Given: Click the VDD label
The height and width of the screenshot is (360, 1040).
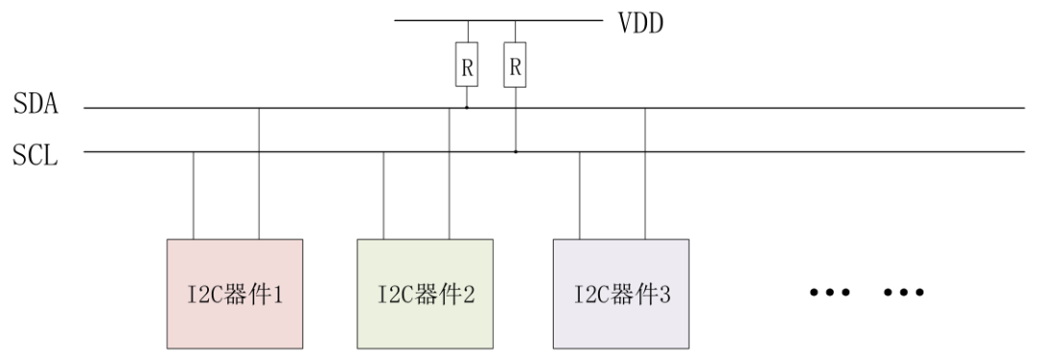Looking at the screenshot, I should pyautogui.click(x=641, y=20).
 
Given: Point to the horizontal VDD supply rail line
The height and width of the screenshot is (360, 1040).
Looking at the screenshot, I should pyautogui.click(x=496, y=20).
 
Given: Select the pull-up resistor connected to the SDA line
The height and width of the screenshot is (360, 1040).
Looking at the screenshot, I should pyautogui.click(x=467, y=67).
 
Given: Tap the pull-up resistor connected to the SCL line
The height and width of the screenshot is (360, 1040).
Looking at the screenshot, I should pyautogui.click(x=515, y=67).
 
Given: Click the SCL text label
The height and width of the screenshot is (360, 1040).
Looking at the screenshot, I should pyautogui.click(x=36, y=154).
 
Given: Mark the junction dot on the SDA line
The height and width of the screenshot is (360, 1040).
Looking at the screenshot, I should pyautogui.click(x=467, y=108).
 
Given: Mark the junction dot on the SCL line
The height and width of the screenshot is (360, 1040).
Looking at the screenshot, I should pyautogui.click(x=515, y=151).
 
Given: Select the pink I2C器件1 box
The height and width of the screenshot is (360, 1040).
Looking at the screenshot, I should pyautogui.click(x=235, y=293).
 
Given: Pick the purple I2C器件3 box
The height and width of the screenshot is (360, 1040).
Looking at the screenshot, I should pyautogui.click(x=621, y=293).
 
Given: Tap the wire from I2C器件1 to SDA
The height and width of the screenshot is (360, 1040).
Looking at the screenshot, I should pyautogui.click(x=258, y=173).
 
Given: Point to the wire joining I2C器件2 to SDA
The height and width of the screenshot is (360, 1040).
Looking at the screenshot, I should pyautogui.click(x=449, y=173).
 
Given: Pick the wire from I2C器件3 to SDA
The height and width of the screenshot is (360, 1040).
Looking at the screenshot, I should pyautogui.click(x=644, y=173).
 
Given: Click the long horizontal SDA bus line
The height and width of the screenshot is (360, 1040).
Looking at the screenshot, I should pyautogui.click(x=770, y=108).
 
